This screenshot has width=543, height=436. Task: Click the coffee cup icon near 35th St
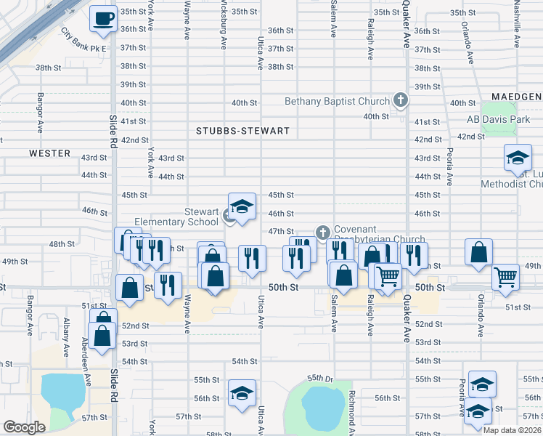pyautogui.click(x=103, y=17)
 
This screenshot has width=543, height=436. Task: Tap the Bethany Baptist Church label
pyautogui.click(x=337, y=101)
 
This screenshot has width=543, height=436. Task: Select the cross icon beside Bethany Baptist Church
pyautogui.click(x=399, y=100)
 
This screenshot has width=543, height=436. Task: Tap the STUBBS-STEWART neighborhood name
pyautogui.click(x=242, y=132)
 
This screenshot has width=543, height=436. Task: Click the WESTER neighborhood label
pyautogui.click(x=50, y=153)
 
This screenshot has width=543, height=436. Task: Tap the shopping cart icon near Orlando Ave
pyautogui.click(x=505, y=276)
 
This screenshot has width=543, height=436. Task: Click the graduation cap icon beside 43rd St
pyautogui.click(x=518, y=158)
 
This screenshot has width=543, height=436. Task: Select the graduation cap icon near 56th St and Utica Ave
pyautogui.click(x=242, y=393)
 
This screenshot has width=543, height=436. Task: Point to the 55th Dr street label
pyautogui.click(x=319, y=378)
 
